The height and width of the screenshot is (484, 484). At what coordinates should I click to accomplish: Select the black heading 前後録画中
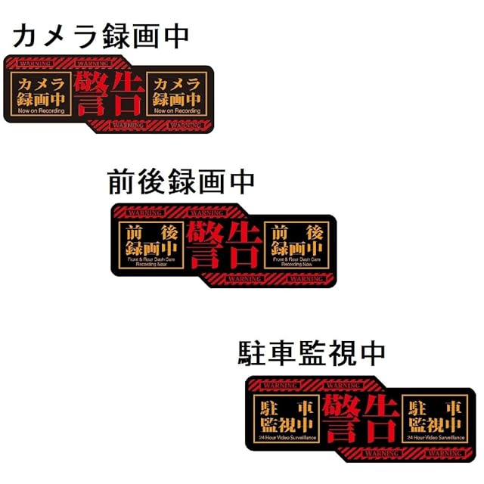181,182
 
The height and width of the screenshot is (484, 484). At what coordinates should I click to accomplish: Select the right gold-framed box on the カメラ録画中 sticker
178,95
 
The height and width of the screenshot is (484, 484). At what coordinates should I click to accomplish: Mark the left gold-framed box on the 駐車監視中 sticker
287,417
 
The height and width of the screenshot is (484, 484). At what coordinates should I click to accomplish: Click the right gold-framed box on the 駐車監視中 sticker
434,417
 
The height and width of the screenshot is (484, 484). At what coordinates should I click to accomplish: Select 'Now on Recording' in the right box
178,110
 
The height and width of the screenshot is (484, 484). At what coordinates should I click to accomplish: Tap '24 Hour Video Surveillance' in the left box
287,437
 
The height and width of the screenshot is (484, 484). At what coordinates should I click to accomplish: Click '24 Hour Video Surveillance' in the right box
434,437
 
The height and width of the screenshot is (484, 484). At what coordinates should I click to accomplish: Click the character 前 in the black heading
123,182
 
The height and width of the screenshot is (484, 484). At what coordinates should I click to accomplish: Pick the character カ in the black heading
27,35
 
